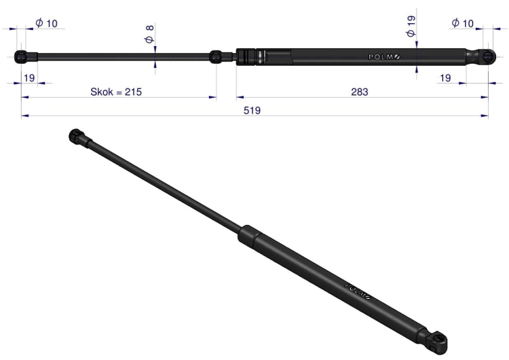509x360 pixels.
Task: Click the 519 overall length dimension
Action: click(252, 111)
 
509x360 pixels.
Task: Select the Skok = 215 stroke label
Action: click(116, 92)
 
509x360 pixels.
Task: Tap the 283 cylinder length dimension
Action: click(360, 92)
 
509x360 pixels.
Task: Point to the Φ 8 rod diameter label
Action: click(150, 35)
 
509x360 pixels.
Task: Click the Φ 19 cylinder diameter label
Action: click(411, 26)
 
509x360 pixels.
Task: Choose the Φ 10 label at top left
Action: click(46, 23)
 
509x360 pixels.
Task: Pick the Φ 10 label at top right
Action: click(463, 23)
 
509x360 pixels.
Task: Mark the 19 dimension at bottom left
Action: click(29, 78)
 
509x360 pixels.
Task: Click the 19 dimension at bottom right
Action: click(445, 78)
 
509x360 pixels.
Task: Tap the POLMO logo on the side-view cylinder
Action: click(384, 57)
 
